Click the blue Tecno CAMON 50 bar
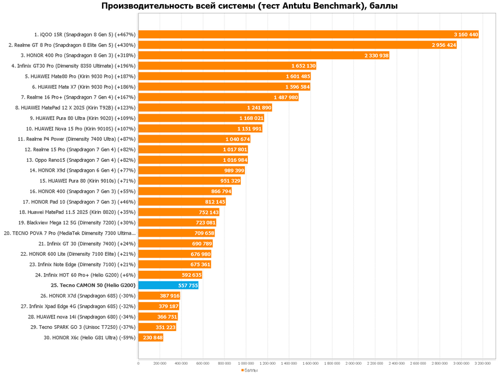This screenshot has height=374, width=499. (168, 285)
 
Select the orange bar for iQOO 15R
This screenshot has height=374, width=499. (308, 34)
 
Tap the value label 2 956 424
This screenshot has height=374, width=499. (443, 45)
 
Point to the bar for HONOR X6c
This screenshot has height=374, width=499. (150, 337)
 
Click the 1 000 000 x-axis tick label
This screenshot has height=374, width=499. (246, 363)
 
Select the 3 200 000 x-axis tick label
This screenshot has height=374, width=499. (483, 363)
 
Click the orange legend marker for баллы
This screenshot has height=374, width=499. (242, 370)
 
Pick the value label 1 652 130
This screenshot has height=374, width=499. (303, 66)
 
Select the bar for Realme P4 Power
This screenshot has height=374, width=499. (194, 139)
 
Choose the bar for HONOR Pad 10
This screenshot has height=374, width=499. (182, 201)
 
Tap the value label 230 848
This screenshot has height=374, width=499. (152, 337)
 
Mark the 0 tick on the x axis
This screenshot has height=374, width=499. (138, 363)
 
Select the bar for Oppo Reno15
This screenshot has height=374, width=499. (193, 159)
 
